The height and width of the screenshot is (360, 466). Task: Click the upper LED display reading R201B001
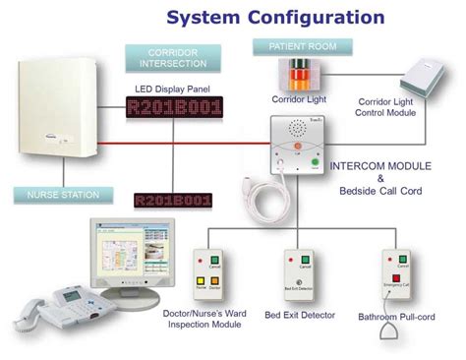tap(174, 109)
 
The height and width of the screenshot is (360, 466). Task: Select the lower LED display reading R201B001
tap(173, 201)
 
